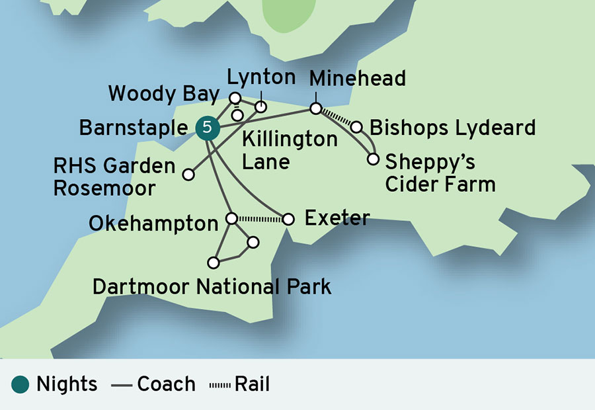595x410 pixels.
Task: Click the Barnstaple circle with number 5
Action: click(207, 128)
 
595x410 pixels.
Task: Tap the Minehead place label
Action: click(357, 79)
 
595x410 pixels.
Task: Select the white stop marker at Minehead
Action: click(316, 108)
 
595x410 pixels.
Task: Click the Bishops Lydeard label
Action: click(452, 128)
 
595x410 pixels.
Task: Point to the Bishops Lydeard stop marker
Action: click(356, 126)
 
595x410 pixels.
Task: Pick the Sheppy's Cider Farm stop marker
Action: click(373, 159)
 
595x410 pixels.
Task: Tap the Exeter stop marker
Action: click(288, 219)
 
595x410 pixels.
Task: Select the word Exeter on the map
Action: click(337, 218)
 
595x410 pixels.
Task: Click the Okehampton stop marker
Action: click(231, 218)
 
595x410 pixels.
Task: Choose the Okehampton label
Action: click(153, 224)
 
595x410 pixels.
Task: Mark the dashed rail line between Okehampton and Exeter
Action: click(260, 218)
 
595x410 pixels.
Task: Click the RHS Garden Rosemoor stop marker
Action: click(188, 175)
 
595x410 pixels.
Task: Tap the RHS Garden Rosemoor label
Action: click(114, 177)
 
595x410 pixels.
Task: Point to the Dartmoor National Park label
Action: click(212, 287)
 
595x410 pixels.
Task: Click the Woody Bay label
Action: click(163, 94)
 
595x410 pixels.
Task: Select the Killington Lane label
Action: click(290, 150)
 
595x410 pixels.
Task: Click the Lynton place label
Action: click(261, 77)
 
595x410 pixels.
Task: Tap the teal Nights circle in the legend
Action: click(20, 384)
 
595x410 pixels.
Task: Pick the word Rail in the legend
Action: click(252, 384)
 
